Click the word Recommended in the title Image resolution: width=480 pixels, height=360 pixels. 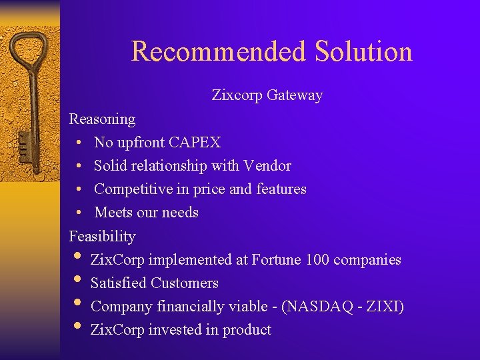[218, 51]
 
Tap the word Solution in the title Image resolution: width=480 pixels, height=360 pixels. [363, 51]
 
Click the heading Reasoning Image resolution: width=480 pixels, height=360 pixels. [102, 119]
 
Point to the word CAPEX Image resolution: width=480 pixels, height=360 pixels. [195, 143]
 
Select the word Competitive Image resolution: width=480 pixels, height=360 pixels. [133, 189]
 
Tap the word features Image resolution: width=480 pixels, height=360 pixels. [281, 189]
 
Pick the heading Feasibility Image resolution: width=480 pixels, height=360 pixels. [102, 237]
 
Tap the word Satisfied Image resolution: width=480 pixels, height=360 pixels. [119, 283]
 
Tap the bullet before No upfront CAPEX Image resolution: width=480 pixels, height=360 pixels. [79, 143]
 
